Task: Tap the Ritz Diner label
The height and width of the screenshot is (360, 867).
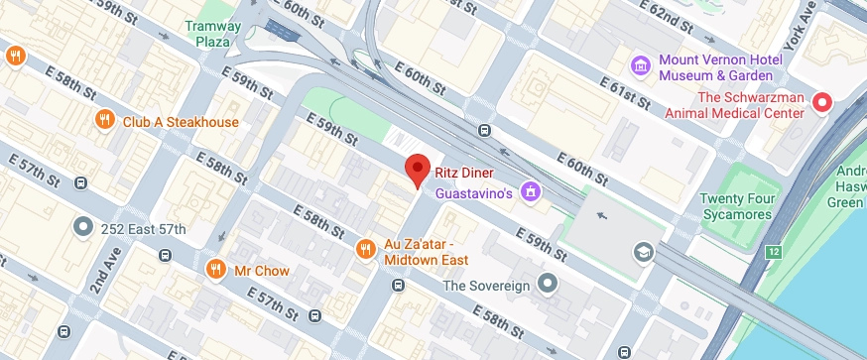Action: pos(463,172)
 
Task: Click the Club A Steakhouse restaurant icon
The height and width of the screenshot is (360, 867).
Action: pos(105,121)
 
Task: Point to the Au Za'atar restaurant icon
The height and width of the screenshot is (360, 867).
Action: pos(365,248)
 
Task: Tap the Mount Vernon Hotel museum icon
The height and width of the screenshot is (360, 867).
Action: pos(641,66)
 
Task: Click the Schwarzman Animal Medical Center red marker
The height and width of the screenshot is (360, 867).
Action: pos(821,103)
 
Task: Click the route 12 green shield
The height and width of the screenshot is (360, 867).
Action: pos(773,252)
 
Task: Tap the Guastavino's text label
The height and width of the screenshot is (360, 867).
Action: pos(474,192)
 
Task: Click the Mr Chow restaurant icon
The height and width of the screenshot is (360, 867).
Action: pos(215,269)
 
